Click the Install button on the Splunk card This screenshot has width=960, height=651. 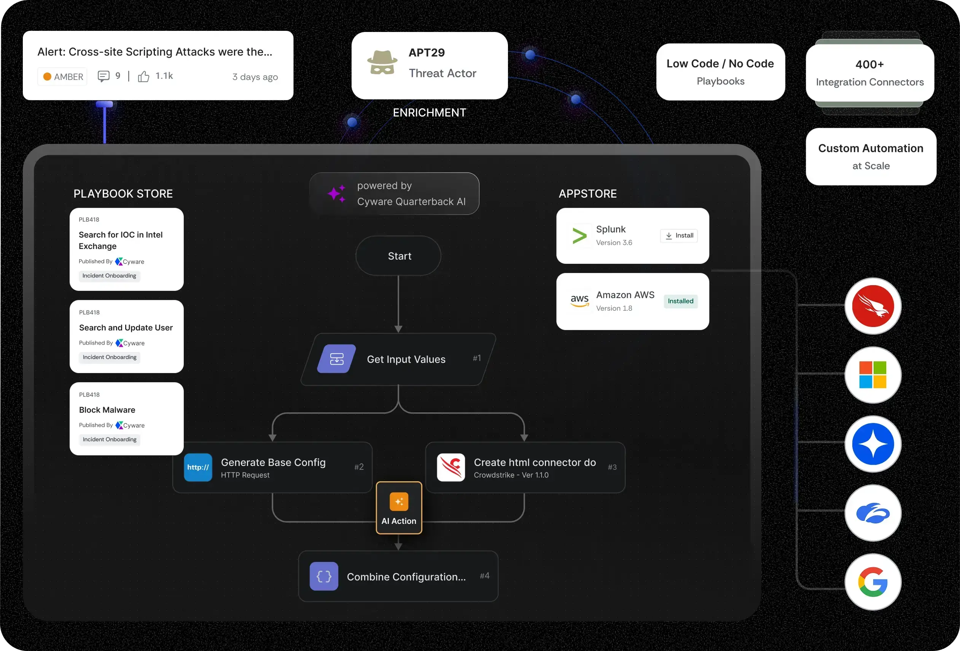point(679,236)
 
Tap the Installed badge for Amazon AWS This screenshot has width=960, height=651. point(680,301)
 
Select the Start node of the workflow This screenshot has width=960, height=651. point(399,256)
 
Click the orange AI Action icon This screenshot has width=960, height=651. point(399,502)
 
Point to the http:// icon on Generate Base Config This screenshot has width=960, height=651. point(198,468)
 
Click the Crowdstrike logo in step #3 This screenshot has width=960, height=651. point(451,468)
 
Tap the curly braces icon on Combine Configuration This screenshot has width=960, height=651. point(324,576)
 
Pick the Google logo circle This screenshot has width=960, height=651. point(873,582)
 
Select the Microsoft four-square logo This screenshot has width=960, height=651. point(873,375)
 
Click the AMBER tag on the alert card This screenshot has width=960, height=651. point(63,77)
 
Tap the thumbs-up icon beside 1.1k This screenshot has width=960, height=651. point(143,77)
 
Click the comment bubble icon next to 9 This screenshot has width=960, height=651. point(103,76)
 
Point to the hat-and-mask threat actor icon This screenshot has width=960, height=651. point(382,63)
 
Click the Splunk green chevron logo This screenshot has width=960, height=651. point(579,236)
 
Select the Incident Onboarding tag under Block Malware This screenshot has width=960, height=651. point(110,439)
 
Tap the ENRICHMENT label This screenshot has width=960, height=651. point(429,112)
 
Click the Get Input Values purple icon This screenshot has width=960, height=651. point(337,359)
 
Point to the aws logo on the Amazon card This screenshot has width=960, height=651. point(580,300)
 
